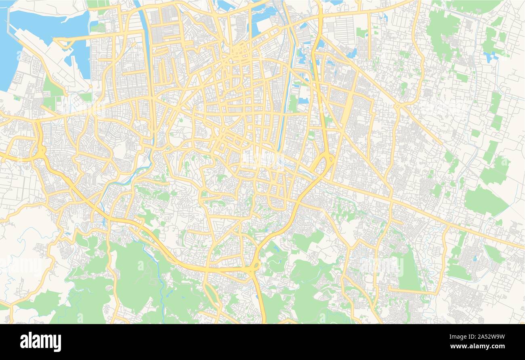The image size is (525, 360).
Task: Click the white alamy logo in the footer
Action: [x=40, y=341]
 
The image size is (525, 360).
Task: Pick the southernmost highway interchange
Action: [x=254, y=266]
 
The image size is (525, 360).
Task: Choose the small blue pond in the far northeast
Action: [x=491, y=57]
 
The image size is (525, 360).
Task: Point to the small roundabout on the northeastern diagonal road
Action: [x=398, y=106]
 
